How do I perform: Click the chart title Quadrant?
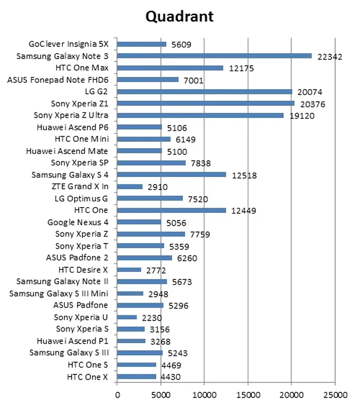(x=179, y=16)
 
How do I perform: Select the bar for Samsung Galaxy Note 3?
(x=214, y=56)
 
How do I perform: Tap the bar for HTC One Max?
(x=170, y=68)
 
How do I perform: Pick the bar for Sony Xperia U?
(x=127, y=317)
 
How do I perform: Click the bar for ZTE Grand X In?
(x=130, y=186)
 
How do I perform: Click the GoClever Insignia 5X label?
(x=72, y=44)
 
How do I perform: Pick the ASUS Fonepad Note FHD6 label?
(x=61, y=80)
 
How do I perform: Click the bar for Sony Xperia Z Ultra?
(x=200, y=115)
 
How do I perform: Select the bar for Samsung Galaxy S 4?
(x=171, y=175)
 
